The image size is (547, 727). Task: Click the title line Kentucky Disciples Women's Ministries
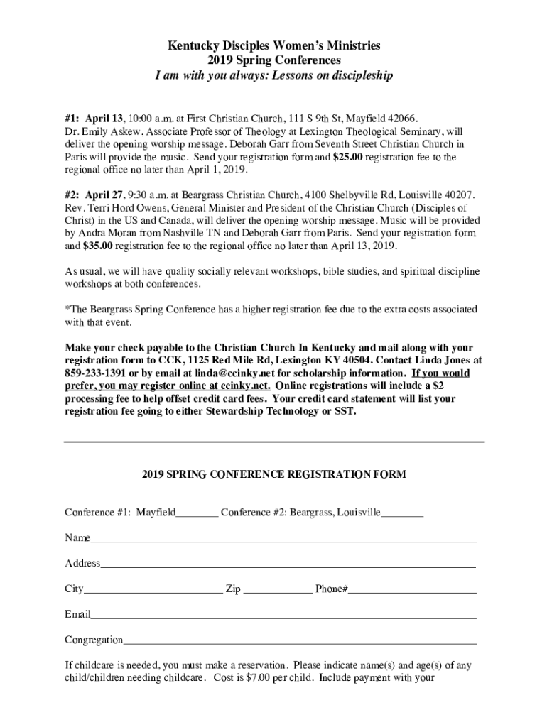click(x=273, y=46)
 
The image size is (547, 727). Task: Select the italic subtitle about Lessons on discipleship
click(x=273, y=75)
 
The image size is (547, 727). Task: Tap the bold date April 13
click(x=104, y=117)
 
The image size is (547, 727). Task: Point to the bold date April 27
click(x=104, y=195)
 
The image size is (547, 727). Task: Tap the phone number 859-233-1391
click(x=95, y=373)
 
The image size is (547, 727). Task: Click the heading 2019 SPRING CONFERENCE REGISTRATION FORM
click(x=273, y=474)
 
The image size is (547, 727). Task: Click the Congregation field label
click(x=94, y=640)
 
